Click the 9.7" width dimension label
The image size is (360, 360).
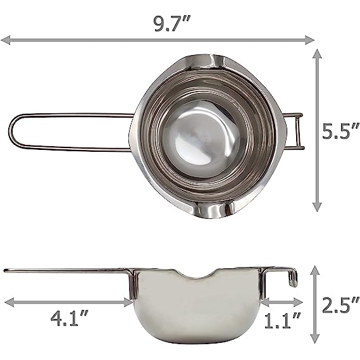click(171, 23)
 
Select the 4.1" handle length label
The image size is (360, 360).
click(69, 318)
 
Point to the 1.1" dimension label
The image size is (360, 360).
click(282, 320)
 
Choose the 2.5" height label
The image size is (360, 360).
click(340, 305)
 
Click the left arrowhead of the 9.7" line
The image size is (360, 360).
click(6, 40)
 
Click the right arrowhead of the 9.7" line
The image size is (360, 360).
click(309, 40)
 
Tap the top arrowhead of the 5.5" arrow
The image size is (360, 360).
click(317, 54)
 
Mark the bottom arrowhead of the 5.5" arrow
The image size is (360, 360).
click(317, 207)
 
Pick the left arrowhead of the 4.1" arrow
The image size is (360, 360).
click(9, 302)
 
